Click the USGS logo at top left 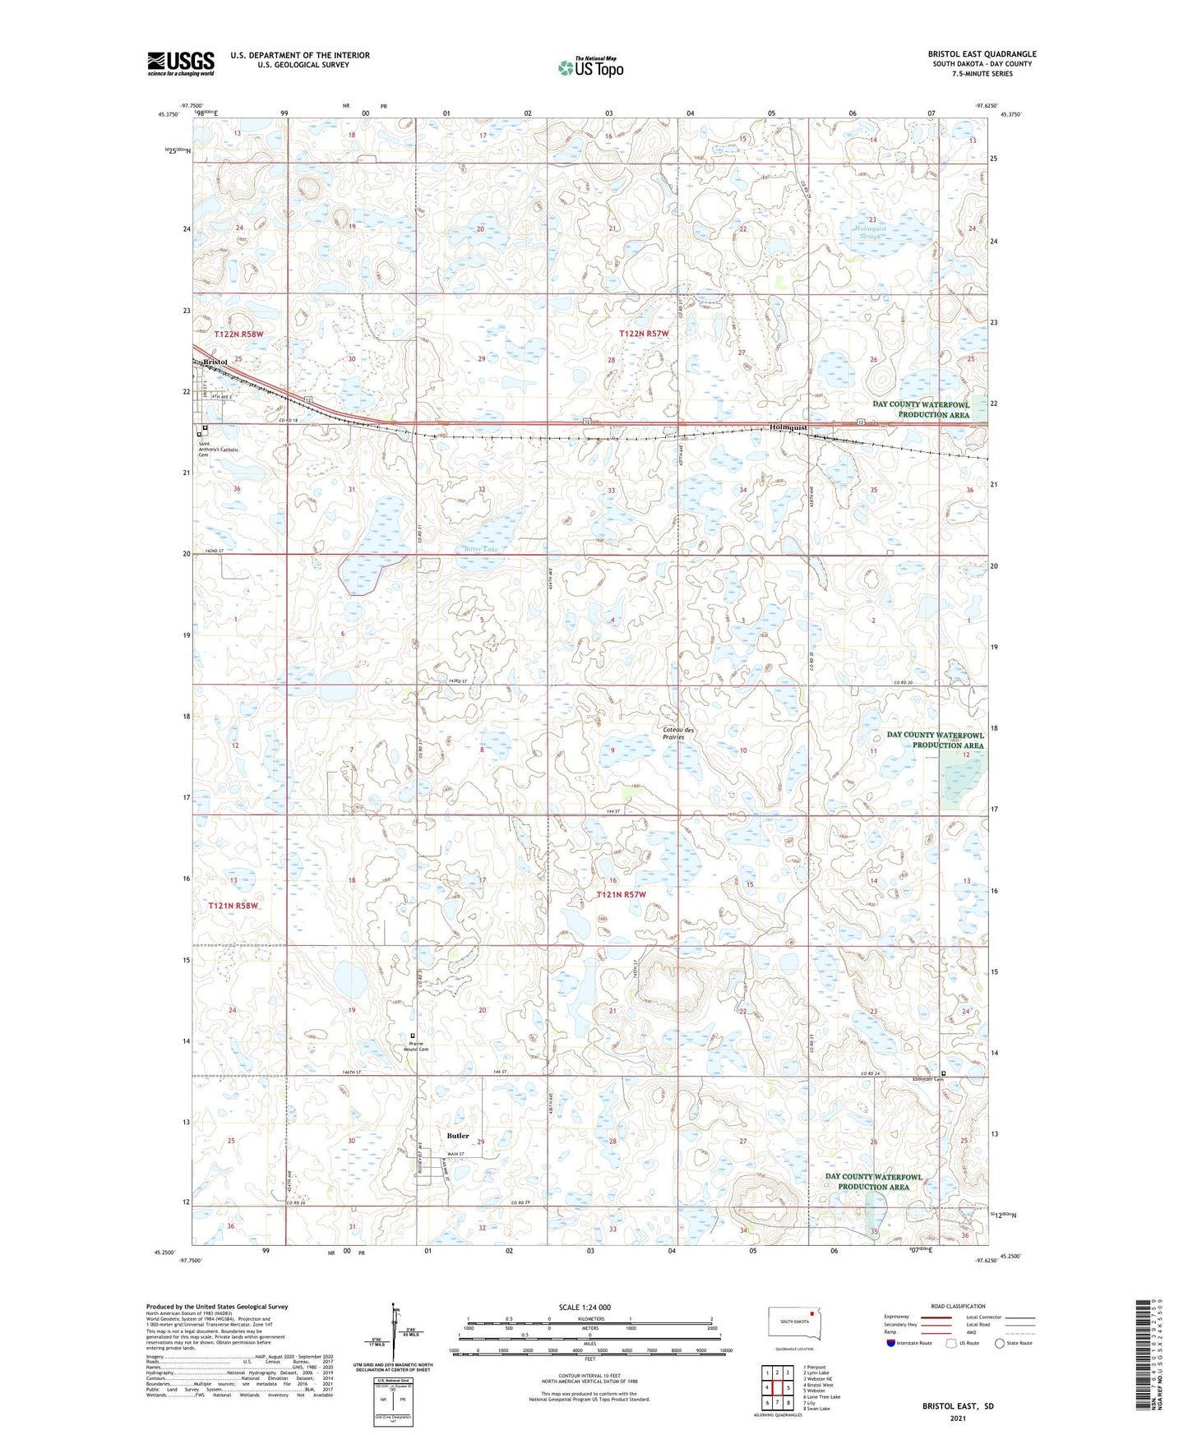[181, 63]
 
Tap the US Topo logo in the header [590, 67]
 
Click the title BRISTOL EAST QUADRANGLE [982, 54]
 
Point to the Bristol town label [215, 362]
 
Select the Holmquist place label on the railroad [788, 428]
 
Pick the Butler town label [458, 1136]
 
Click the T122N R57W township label [644, 334]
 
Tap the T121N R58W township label [233, 906]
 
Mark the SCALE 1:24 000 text [585, 1308]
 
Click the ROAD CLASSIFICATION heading [958, 1306]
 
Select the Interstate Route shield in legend [892, 1343]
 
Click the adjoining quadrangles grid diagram [777, 1390]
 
